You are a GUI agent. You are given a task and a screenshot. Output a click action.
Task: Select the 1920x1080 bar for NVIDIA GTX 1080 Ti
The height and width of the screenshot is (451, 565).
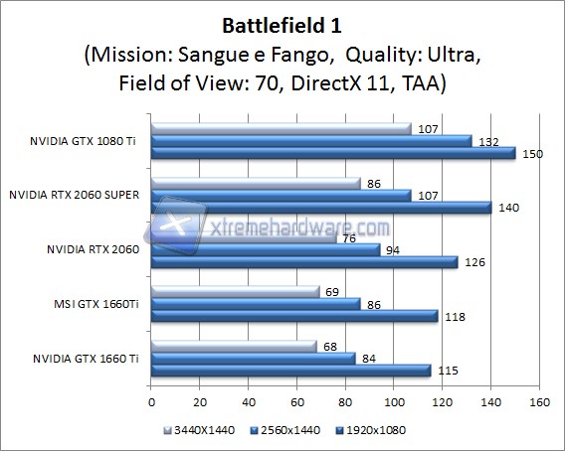tap(332, 153)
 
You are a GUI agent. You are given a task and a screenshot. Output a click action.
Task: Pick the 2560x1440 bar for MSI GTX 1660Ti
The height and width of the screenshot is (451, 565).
tap(255, 304)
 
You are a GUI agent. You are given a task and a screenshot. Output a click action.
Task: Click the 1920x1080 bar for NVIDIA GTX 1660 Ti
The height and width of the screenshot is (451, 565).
tap(290, 371)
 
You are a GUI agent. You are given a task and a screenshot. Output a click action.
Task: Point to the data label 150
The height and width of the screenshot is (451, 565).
tap(534, 152)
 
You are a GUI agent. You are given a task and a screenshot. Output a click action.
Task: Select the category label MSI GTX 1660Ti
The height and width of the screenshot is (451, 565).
tap(96, 303)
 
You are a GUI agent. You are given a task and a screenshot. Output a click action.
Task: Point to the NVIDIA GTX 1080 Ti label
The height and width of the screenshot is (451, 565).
tap(88, 140)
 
